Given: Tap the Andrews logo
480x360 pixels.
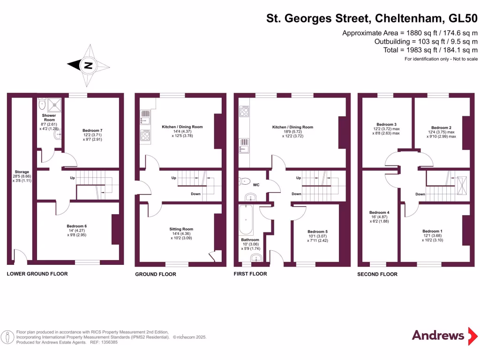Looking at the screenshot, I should pyautogui.click(x=438, y=335).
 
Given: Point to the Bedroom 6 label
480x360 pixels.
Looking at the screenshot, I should pyautogui.click(x=77, y=226).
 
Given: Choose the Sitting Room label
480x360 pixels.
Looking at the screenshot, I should pyautogui.click(x=181, y=229).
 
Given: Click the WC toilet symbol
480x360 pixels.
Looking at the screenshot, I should pyautogui.click(x=246, y=181).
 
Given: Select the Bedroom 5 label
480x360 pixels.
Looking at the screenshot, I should pyautogui.click(x=317, y=232).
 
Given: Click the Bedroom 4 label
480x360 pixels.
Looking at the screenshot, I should pyautogui.click(x=379, y=212).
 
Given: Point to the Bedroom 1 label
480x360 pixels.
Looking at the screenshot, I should pyautogui.click(x=432, y=231).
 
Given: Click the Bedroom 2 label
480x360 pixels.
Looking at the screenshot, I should pyautogui.click(x=441, y=127).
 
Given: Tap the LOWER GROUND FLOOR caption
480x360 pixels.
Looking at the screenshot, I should pyautogui.click(x=37, y=274).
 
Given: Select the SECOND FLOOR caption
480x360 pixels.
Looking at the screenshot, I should pyautogui.click(x=377, y=274).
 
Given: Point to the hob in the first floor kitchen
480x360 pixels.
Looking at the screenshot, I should pyautogui.click(x=244, y=112).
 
